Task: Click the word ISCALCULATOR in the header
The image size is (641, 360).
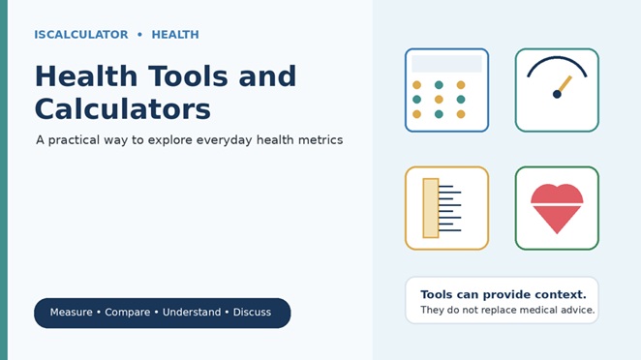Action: click(x=81, y=35)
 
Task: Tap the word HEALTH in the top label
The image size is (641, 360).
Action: click(x=175, y=35)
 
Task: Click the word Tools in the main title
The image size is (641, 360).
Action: click(x=188, y=76)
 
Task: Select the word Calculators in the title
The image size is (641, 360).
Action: click(x=123, y=109)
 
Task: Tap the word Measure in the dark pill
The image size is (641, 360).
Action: click(x=71, y=313)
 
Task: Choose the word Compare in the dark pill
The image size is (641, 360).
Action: click(x=128, y=313)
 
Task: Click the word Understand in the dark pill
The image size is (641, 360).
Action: click(x=192, y=313)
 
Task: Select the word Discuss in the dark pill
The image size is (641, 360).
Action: click(x=252, y=313)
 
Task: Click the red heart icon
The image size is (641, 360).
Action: click(x=557, y=208)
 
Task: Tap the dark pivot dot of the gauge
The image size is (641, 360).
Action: click(x=557, y=95)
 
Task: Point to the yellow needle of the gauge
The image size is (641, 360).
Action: click(x=565, y=84)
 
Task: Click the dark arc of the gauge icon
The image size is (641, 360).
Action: click(x=557, y=58)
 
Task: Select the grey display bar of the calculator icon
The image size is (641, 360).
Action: click(x=446, y=64)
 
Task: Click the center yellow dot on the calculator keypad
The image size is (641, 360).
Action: click(x=439, y=100)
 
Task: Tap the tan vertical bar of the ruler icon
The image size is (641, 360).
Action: click(x=431, y=208)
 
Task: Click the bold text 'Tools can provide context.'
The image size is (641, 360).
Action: click(x=504, y=294)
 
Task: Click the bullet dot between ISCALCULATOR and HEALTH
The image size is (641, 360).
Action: click(x=139, y=35)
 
